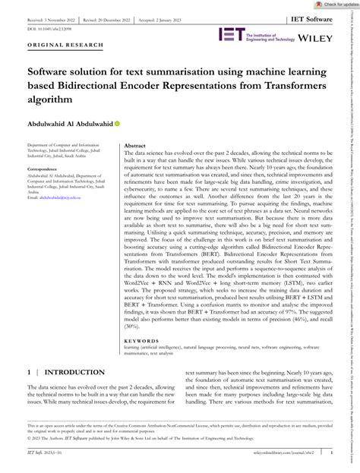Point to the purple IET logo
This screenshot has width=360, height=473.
(231, 34)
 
